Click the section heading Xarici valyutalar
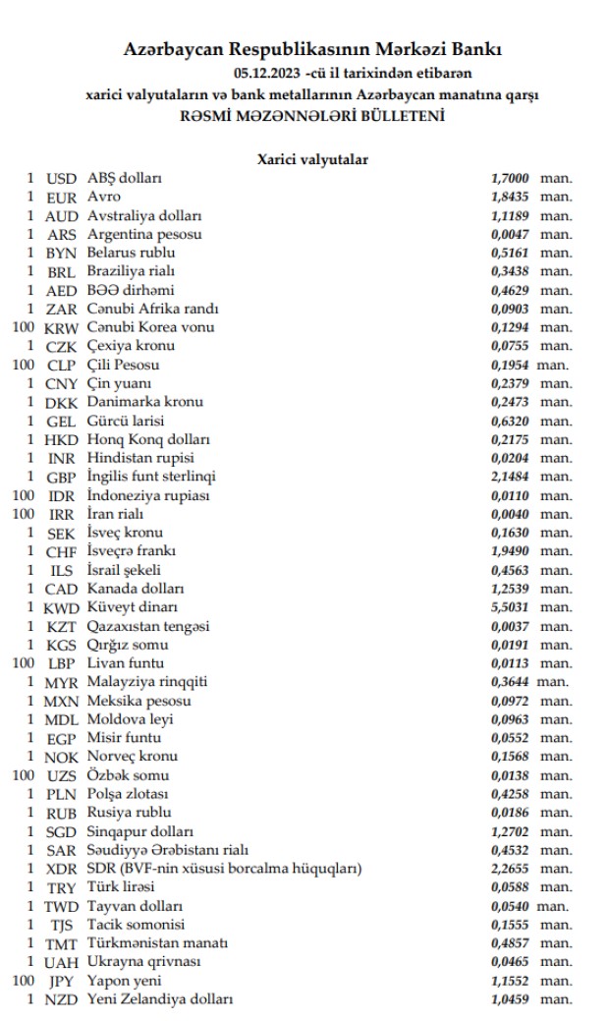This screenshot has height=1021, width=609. point(312,159)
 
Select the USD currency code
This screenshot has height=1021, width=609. point(63,178)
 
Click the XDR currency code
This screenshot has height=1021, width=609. point(63,869)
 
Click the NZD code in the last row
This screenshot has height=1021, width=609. point(63,999)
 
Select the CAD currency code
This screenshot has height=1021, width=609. point(63,589)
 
